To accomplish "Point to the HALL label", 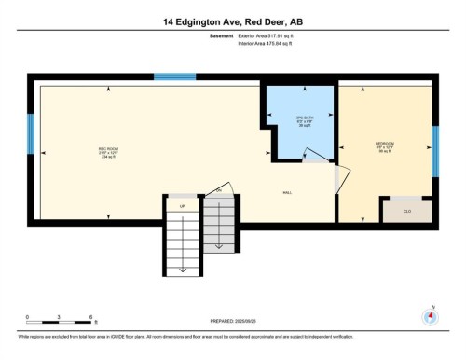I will pyautogui.click(x=287, y=192).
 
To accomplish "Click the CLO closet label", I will pyautogui.click(x=406, y=212).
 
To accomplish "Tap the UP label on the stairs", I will pyautogui.click(x=182, y=205).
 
